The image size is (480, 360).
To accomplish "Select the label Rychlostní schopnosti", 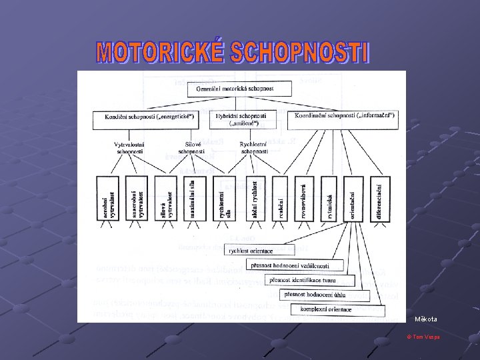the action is pyautogui.click(x=253, y=147).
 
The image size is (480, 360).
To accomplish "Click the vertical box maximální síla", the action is pyautogui.click(x=190, y=198).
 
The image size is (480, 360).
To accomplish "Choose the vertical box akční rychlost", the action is pyautogui.click(x=257, y=198).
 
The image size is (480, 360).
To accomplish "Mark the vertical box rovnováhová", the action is pyautogui.click(x=305, y=198).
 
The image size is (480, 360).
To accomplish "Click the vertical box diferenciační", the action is pyautogui.click(x=377, y=198).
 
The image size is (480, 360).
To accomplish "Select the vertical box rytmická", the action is pyautogui.click(x=329, y=198).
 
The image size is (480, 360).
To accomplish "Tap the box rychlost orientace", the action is pyautogui.click(x=251, y=251).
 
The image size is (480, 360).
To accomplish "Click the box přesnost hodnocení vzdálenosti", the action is pyautogui.click(x=290, y=265).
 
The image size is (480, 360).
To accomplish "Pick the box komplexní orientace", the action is pyautogui.click(x=327, y=309).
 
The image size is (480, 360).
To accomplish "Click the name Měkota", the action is pyautogui.click(x=426, y=319).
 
